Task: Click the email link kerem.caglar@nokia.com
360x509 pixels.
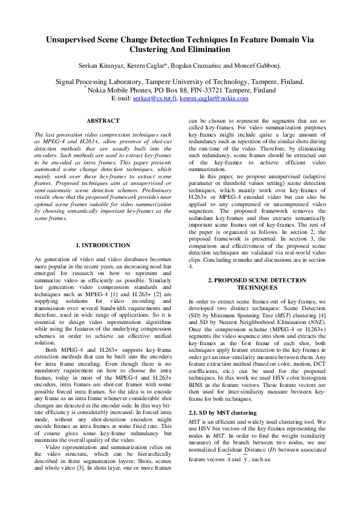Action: [x=210, y=98]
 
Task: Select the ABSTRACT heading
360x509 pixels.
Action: [x=103, y=121]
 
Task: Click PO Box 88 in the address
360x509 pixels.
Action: [x=169, y=89]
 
